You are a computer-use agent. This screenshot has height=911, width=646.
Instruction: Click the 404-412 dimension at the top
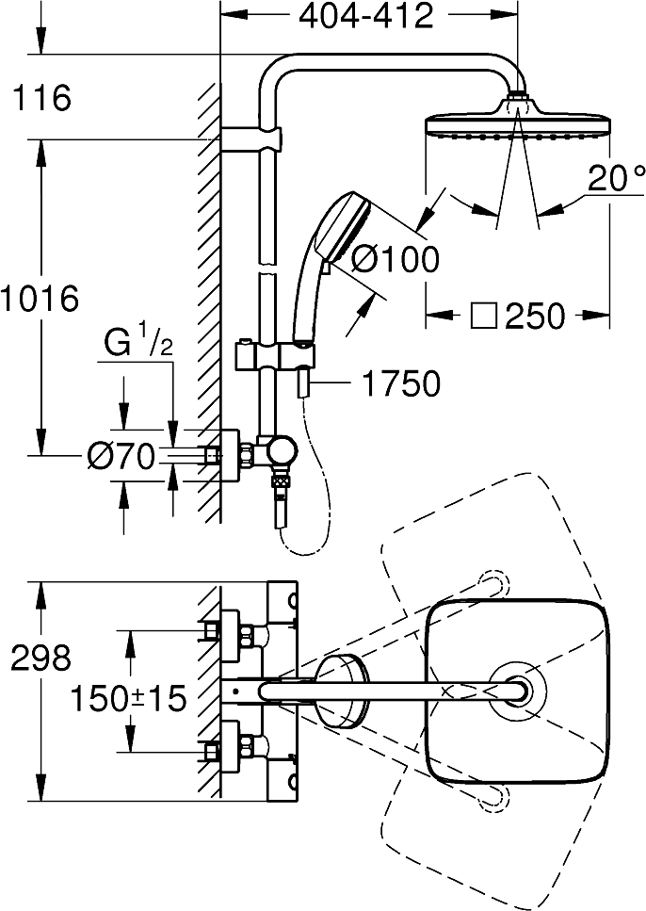click(x=366, y=16)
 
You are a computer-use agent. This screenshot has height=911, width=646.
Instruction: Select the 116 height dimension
click(x=41, y=97)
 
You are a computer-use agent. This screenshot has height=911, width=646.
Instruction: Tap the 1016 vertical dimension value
click(x=40, y=299)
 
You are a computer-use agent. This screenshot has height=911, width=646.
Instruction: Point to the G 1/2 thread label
click(x=138, y=344)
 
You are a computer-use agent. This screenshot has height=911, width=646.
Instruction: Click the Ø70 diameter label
click(x=121, y=455)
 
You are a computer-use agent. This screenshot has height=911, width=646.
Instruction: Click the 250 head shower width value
click(x=535, y=316)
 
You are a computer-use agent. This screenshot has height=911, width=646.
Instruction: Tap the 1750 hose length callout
click(x=401, y=383)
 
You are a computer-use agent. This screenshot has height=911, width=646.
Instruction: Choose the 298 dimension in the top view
click(x=40, y=659)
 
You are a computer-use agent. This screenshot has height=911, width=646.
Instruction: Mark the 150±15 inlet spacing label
click(x=128, y=698)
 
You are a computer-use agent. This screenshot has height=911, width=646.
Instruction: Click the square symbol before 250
click(x=483, y=316)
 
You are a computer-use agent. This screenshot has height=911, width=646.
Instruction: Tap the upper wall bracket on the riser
click(x=251, y=139)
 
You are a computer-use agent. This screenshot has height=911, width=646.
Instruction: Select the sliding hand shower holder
click(x=276, y=354)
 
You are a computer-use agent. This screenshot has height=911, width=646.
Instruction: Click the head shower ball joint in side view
click(x=518, y=97)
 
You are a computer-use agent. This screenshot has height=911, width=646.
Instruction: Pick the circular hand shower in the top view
click(x=342, y=691)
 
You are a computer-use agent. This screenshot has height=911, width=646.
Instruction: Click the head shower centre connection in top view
click(x=517, y=691)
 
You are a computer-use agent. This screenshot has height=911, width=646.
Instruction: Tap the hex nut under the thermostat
click(x=282, y=481)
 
